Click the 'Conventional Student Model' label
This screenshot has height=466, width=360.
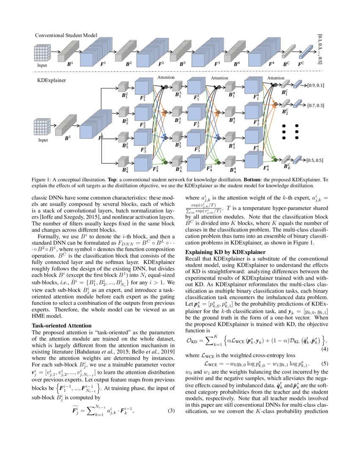pyautogui.click(x=66, y=35)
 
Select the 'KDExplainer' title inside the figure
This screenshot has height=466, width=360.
pyautogui.click(x=48, y=79)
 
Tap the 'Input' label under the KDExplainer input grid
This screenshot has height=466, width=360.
pyautogui.click(x=43, y=139)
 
